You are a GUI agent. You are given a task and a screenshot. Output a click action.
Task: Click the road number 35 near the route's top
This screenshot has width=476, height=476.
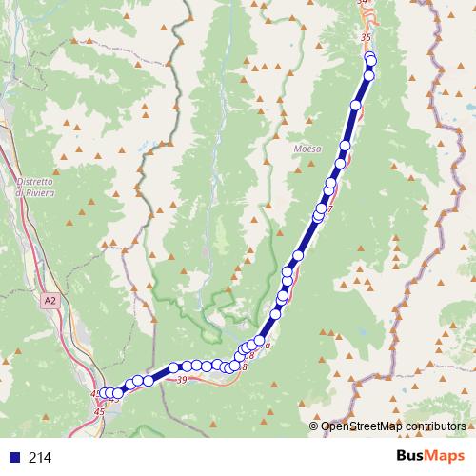[x=365, y=36]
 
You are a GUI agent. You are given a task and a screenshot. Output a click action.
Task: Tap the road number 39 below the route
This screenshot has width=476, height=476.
[x=181, y=379]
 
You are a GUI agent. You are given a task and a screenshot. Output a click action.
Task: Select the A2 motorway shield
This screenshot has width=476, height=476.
[x=50, y=300]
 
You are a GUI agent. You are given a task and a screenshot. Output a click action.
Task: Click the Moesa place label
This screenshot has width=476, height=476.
[x=307, y=149]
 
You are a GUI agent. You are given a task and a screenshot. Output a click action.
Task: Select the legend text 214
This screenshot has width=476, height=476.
[x=40, y=458]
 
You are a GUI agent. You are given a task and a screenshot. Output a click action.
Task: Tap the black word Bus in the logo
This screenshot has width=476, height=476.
[x=413, y=457]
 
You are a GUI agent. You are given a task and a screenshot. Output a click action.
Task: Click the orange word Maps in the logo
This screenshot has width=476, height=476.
[x=448, y=457]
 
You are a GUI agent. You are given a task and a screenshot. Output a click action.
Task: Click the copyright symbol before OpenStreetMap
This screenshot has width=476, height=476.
[x=314, y=426]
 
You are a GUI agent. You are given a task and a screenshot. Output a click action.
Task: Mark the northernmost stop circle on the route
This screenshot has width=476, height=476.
[x=369, y=57]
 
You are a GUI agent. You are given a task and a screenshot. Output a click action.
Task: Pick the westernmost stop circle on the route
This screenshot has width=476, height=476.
[x=107, y=393]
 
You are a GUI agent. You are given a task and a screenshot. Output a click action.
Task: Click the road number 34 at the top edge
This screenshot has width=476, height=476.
[x=362, y=3]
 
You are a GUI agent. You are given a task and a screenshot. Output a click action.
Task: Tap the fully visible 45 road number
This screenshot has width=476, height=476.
[x=100, y=411]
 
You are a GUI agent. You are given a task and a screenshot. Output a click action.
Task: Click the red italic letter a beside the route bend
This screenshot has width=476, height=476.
[x=268, y=345]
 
